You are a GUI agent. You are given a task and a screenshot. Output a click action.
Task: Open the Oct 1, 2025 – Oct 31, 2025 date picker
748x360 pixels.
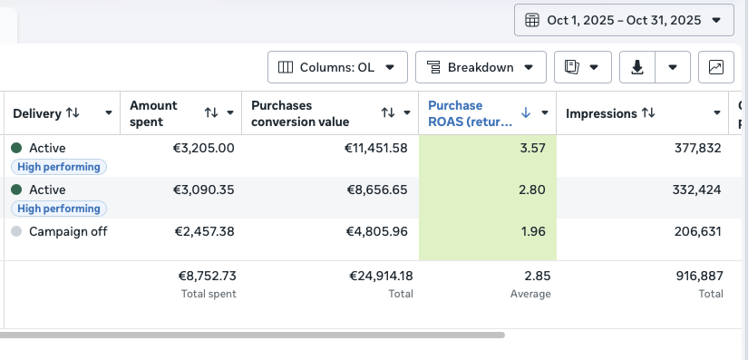(624, 20)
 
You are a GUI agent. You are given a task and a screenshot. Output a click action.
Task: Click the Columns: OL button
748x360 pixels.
(337, 67)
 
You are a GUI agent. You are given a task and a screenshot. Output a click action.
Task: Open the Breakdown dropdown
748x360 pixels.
(481, 67)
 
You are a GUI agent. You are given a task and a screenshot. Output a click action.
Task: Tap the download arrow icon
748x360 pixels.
(637, 67)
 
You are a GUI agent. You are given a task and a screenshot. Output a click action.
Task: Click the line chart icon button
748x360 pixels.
(716, 67)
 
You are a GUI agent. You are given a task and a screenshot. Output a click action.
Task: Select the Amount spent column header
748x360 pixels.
(153, 113)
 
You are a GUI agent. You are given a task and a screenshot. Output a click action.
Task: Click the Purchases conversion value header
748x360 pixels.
(300, 113)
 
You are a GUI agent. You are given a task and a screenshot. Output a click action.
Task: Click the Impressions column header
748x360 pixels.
(601, 113)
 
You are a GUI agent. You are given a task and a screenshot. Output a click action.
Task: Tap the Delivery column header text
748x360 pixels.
(37, 113)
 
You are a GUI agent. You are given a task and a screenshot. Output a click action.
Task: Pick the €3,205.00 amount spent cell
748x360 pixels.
(204, 149)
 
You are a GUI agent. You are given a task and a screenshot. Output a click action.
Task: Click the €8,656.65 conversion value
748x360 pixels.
(377, 190)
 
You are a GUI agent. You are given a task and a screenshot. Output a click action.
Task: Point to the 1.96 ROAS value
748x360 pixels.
(533, 231)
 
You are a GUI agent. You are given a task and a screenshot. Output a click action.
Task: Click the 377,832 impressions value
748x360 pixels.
(697, 149)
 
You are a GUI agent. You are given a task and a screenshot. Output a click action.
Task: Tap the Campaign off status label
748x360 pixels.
(68, 231)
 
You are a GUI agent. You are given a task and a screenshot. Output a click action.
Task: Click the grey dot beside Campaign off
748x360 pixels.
(16, 231)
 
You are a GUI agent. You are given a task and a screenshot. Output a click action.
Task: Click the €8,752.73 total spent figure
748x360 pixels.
(208, 276)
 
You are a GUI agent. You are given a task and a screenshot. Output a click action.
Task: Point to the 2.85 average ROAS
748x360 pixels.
(538, 276)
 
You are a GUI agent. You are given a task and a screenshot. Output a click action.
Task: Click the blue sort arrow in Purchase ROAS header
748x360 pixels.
(526, 112)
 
